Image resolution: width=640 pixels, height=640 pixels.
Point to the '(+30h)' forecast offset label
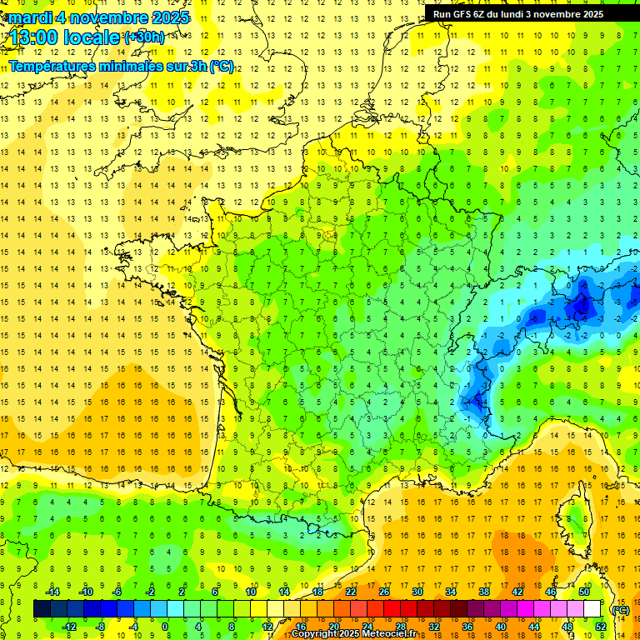pyautogui.click(x=144, y=37)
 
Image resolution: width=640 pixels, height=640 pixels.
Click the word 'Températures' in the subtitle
pyautogui.click(x=50, y=67)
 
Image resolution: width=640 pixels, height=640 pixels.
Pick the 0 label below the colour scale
pyautogui.click(x=165, y=627)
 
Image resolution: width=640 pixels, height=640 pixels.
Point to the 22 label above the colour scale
pyautogui.click(x=351, y=592)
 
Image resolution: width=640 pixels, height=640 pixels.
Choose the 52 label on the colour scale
pyautogui.click(x=601, y=627)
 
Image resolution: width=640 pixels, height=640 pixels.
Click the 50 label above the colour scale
pyautogui.click(x=584, y=592)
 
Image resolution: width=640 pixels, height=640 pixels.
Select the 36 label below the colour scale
pyautogui.click(x=467, y=627)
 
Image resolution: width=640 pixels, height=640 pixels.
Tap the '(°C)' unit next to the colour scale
pyautogui.click(x=620, y=609)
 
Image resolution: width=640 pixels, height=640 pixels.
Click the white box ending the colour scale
pyautogui.click(x=592, y=609)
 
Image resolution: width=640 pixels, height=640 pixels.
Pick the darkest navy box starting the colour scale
pyautogui.click(x=42, y=609)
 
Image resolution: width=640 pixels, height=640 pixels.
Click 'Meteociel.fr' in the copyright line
pyautogui.click(x=392, y=634)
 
